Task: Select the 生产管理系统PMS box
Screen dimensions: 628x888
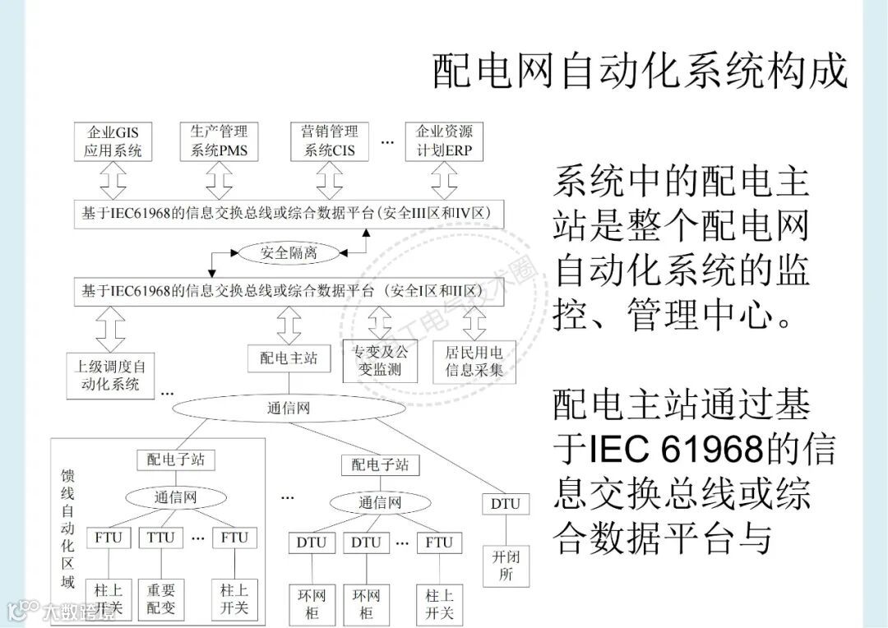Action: pyautogui.click(x=219, y=141)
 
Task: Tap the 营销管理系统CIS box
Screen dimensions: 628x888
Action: pyautogui.click(x=330, y=141)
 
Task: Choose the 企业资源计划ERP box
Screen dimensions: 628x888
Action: pyautogui.click(x=444, y=141)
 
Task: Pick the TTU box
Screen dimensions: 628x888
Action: pyautogui.click(x=160, y=538)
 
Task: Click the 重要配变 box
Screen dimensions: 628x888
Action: pyautogui.click(x=161, y=599)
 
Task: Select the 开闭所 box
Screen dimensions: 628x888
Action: pyautogui.click(x=506, y=566)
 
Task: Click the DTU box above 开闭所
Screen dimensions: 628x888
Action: pyautogui.click(x=506, y=503)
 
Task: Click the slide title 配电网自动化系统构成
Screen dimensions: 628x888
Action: pyautogui.click(x=640, y=71)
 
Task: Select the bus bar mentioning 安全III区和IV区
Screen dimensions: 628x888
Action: pyautogui.click(x=287, y=213)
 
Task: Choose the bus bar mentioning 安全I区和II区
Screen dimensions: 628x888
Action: pyautogui.click(x=287, y=291)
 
